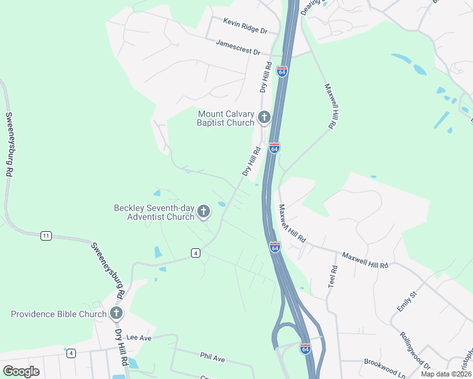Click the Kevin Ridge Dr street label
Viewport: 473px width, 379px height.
pos(245,26)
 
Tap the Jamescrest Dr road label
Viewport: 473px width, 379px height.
pos(238,47)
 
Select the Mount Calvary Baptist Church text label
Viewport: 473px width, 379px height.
pos(226,118)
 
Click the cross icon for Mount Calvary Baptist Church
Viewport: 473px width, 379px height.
pos(264,117)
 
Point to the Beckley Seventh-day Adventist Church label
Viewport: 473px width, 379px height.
pos(154,212)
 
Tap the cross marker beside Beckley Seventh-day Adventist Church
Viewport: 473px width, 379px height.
pos(204,212)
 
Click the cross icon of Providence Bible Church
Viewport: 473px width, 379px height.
pos(116,313)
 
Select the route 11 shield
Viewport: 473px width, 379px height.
pos(46,236)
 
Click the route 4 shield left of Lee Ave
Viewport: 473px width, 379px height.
pos(71,353)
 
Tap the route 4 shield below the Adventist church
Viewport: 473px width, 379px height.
pos(196,253)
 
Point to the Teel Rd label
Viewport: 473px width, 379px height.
pos(332,277)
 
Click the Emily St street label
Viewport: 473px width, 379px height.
pos(405,301)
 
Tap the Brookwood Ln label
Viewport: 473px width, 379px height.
pos(384,366)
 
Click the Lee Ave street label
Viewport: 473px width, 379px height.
pos(140,338)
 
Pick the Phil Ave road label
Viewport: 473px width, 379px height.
pos(212,358)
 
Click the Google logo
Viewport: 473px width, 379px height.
pos(21,371)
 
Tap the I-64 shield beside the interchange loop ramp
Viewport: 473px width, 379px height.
pos(305,349)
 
